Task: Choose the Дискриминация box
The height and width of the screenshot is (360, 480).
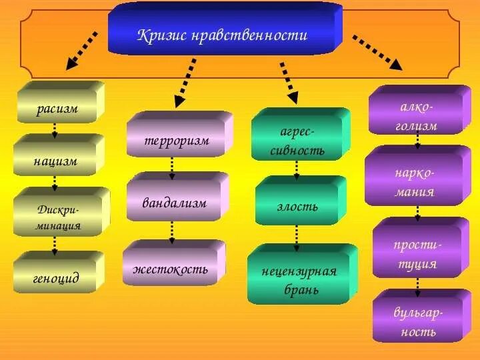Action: (59, 217)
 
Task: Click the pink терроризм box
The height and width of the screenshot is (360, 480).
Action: (177, 141)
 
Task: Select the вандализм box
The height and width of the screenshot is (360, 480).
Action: (174, 203)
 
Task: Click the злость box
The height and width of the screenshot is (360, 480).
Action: (297, 206)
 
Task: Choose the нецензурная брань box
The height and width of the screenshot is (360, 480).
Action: (299, 280)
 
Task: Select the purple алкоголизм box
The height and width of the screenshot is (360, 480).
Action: (417, 116)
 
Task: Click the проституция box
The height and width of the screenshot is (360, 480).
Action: (417, 254)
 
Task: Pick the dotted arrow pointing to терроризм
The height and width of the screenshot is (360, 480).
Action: (186, 82)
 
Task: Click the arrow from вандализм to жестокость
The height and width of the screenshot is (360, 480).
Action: (172, 231)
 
